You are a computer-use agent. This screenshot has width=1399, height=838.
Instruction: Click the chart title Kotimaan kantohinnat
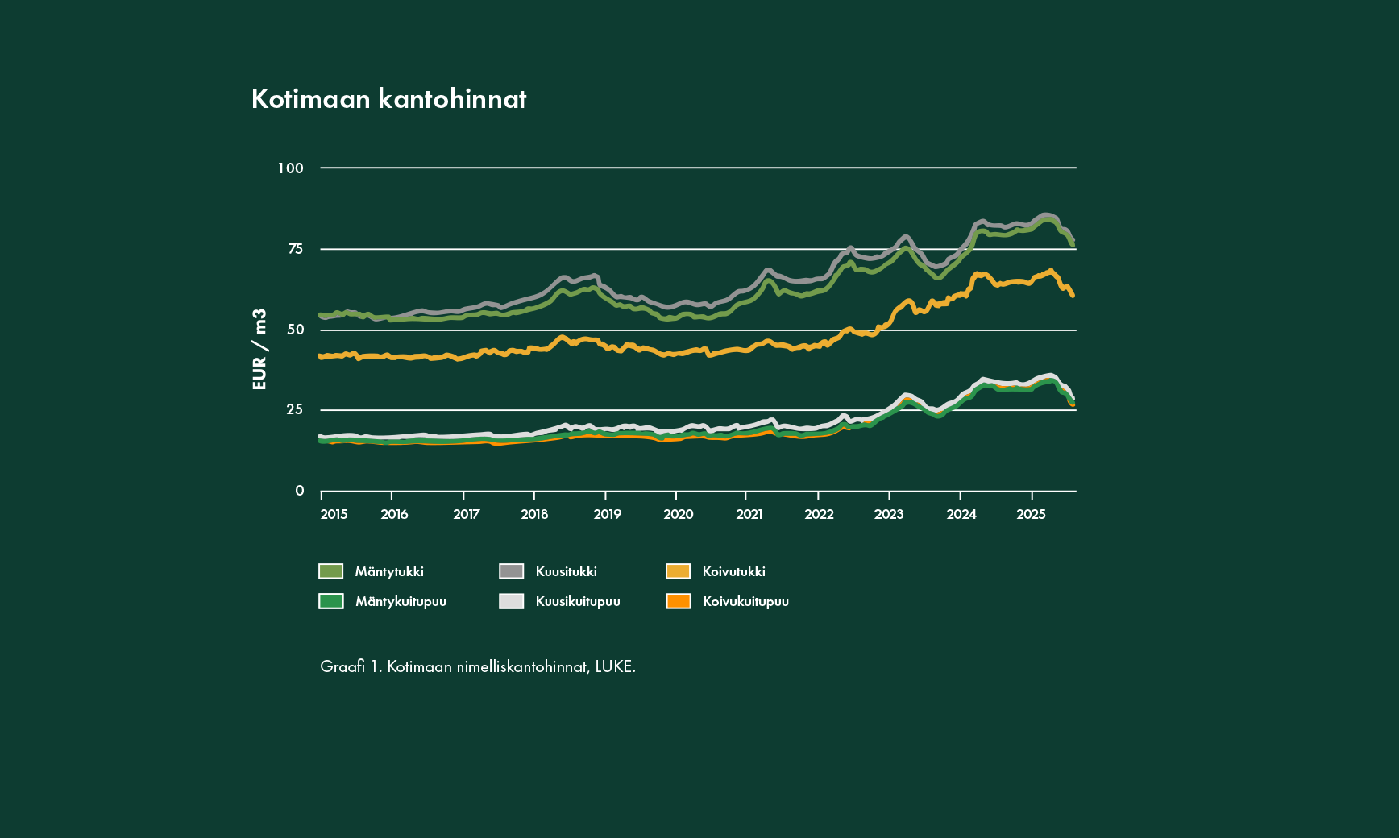pos(388,99)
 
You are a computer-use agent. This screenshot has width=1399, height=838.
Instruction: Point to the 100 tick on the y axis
pos(291,168)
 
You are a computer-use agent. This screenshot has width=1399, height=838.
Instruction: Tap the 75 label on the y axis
pos(296,249)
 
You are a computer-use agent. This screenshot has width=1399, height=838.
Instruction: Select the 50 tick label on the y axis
pos(296,330)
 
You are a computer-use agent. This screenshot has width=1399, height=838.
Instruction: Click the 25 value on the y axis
pos(295,409)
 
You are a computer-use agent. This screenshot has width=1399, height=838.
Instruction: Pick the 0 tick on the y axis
pos(300,491)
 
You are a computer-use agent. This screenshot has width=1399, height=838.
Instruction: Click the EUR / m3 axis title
pos(259,350)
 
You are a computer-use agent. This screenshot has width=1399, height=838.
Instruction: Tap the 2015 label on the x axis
pos(334,515)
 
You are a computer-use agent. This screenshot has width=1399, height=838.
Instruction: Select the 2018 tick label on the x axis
pos(534,515)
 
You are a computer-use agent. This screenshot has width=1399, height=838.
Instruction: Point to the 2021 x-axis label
pos(749,515)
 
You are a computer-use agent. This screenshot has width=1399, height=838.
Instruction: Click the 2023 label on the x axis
pos(889,515)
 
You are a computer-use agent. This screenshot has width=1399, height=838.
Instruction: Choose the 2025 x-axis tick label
pos(1031,515)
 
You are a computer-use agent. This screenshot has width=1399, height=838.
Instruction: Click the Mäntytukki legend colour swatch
pos(330,571)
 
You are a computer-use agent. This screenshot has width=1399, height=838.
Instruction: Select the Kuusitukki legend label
pos(566,571)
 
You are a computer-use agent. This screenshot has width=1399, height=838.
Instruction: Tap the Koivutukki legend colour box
pos(678,571)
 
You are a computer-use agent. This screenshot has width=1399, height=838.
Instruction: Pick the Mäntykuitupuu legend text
pos(401,601)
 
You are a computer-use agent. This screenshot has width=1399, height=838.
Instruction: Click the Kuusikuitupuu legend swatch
pos(511,601)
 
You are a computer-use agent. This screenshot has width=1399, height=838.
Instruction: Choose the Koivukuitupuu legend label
pos(745,601)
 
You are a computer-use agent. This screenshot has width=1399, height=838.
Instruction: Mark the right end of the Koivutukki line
pos(1073,296)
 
